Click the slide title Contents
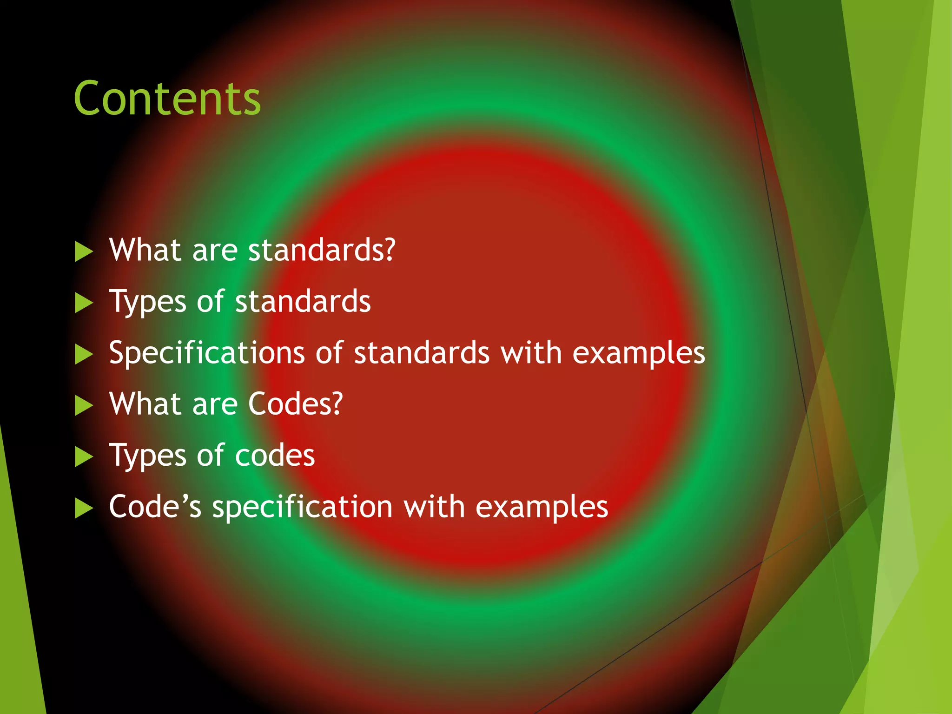pos(167,99)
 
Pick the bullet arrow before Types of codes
pos(84,457)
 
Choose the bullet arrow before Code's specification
pos(84,508)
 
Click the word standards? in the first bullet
pos(322,250)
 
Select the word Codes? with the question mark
pos(296,403)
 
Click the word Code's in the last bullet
pos(155,506)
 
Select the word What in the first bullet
pos(145,250)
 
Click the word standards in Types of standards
pos(303,302)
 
